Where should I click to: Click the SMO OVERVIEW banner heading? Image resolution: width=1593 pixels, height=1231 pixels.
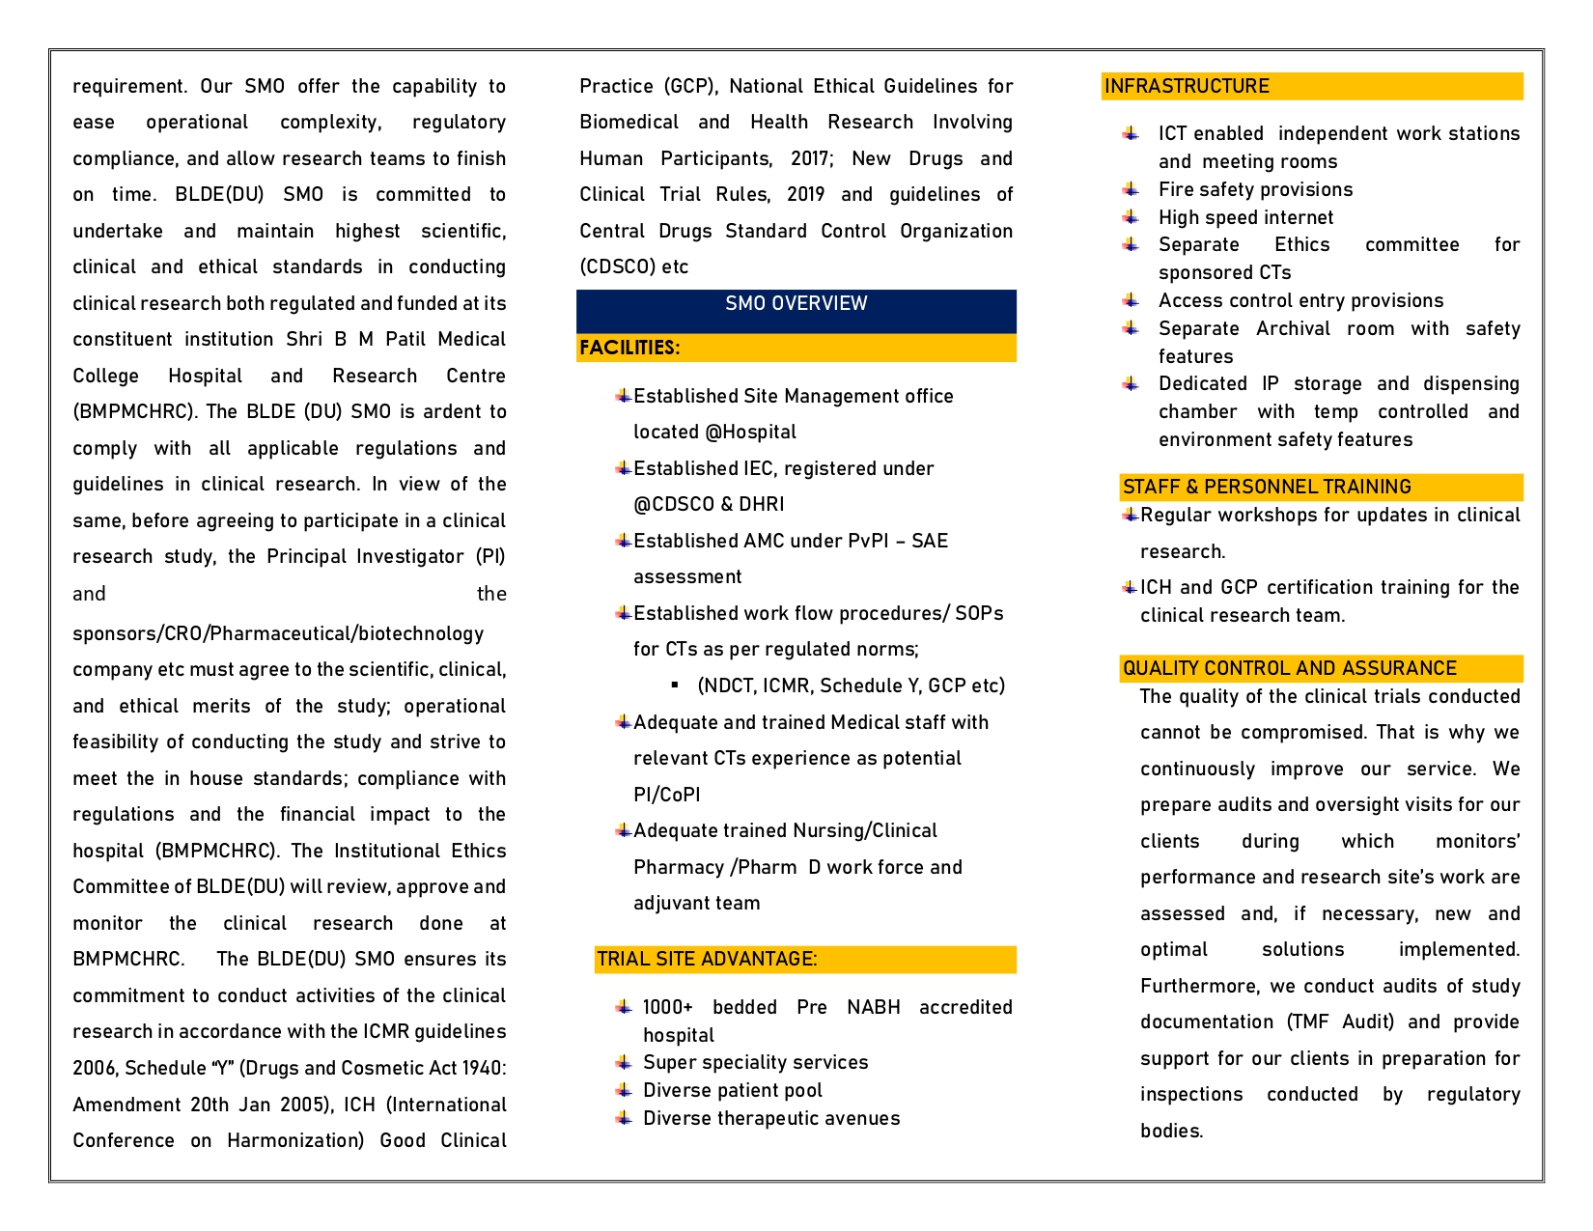coord(796,303)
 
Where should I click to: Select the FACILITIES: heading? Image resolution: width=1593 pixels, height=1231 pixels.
coord(629,348)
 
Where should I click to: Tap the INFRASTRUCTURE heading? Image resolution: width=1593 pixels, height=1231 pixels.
coord(1187,86)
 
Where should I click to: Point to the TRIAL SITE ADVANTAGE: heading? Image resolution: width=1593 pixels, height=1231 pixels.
coord(707,959)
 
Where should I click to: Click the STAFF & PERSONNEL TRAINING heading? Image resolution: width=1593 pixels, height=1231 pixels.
coord(1267,487)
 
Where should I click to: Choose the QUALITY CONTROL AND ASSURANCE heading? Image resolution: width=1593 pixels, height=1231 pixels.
coord(1289,668)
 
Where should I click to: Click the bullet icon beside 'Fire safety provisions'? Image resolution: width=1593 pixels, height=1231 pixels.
coord(1131,188)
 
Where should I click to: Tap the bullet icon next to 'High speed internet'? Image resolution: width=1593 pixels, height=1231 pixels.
coord(1131,216)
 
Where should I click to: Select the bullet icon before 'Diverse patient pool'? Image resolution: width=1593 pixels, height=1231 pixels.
coord(624,1089)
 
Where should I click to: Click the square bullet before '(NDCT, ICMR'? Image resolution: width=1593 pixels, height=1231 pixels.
coord(675,685)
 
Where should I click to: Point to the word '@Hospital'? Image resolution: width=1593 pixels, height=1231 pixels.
coord(750,432)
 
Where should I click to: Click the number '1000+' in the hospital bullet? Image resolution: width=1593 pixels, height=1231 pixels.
coord(668,1007)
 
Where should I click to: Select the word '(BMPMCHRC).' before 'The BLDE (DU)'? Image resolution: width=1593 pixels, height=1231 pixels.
coord(136,411)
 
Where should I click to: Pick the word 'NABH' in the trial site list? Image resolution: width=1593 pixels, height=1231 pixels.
coord(873,1007)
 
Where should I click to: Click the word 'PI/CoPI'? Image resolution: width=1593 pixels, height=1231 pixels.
coord(667,795)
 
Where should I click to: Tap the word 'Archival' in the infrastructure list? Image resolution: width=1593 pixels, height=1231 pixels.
coord(1293,328)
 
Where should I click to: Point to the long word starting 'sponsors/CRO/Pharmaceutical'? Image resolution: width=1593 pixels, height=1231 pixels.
coord(278,633)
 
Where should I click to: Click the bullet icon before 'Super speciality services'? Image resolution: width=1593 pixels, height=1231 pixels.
coord(624,1062)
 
